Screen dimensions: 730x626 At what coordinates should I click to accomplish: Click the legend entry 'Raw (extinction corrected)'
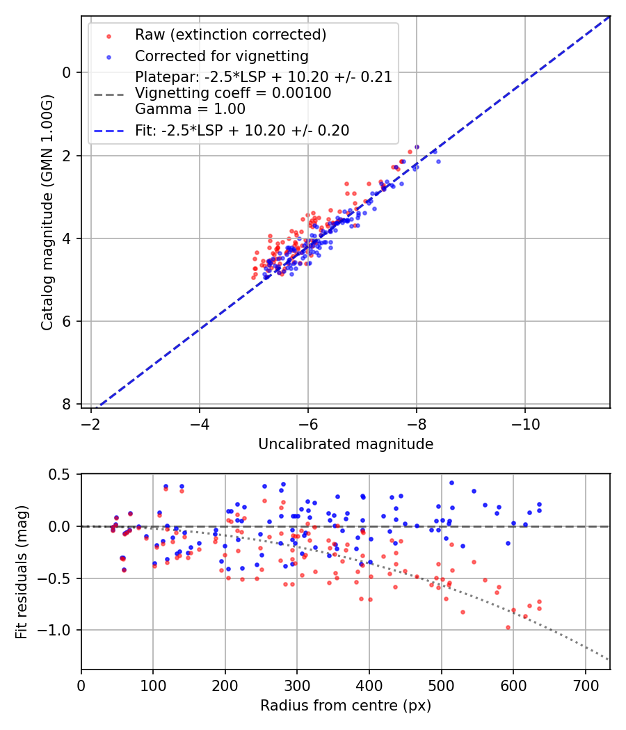[x=230, y=35]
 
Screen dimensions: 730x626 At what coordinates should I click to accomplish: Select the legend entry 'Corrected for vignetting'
[x=222, y=56]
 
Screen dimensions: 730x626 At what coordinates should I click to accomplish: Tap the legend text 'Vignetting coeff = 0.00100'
[x=233, y=93]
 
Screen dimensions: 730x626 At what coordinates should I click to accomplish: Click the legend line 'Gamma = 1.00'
[x=190, y=109]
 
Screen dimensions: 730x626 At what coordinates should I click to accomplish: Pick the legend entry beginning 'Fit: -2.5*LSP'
[x=242, y=131]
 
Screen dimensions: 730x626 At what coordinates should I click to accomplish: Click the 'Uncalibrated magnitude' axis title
[x=346, y=444]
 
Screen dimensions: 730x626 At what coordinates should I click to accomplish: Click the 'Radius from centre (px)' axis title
[x=346, y=706]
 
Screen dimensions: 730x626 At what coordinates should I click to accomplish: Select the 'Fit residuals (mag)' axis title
[x=22, y=571]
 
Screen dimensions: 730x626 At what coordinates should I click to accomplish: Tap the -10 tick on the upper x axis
[x=525, y=423]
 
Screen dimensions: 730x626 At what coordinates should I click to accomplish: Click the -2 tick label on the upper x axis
[x=91, y=423]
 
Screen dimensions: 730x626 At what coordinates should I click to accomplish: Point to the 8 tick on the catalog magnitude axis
[x=66, y=404]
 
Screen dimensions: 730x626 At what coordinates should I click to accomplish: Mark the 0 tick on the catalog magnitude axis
[x=66, y=72]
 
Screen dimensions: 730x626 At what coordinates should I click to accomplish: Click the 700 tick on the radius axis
[x=585, y=686]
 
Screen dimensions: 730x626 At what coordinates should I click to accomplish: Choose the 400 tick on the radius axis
[x=369, y=686]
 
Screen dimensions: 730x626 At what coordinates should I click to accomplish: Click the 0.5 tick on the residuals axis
[x=62, y=474]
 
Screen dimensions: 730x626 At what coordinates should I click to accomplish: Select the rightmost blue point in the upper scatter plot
[x=438, y=161]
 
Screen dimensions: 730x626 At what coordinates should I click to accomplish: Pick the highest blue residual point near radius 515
[x=451, y=482]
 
